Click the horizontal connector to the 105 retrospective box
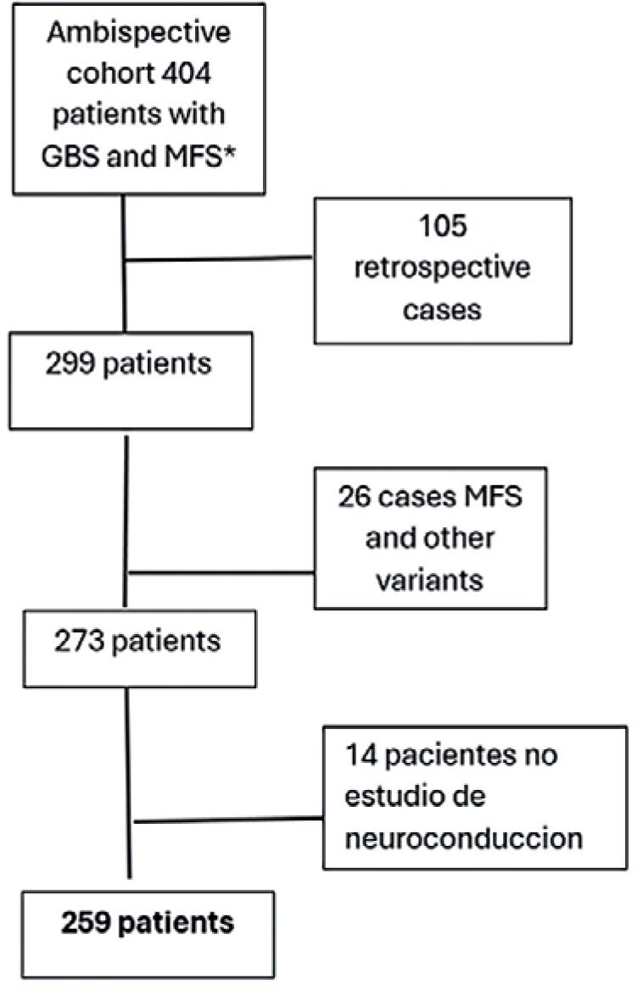[x=221, y=258]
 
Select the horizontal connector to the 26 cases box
[x=221, y=572]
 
